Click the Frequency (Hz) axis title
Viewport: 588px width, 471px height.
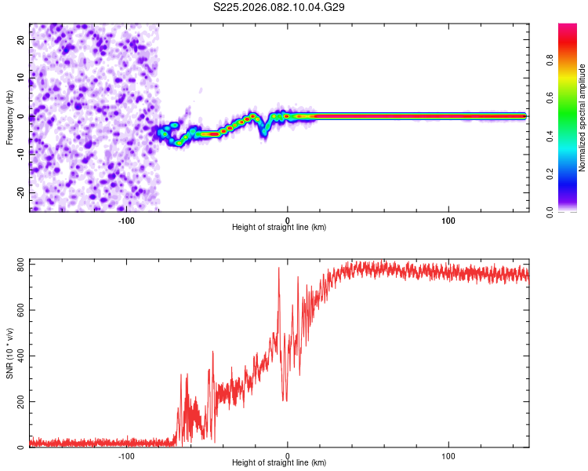pos(10,117)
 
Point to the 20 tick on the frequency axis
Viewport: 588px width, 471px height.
pos(21,39)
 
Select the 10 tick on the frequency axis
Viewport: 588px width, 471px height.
pos(21,78)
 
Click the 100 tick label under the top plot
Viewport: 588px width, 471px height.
pos(448,221)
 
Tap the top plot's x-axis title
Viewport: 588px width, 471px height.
pos(279,228)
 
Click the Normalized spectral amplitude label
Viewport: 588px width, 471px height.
pos(583,117)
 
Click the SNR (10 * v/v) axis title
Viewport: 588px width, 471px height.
pos(10,355)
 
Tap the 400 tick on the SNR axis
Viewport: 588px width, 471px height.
pos(21,356)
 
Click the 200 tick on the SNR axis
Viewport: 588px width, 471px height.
pos(21,402)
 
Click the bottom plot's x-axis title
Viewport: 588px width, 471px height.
pos(279,464)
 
